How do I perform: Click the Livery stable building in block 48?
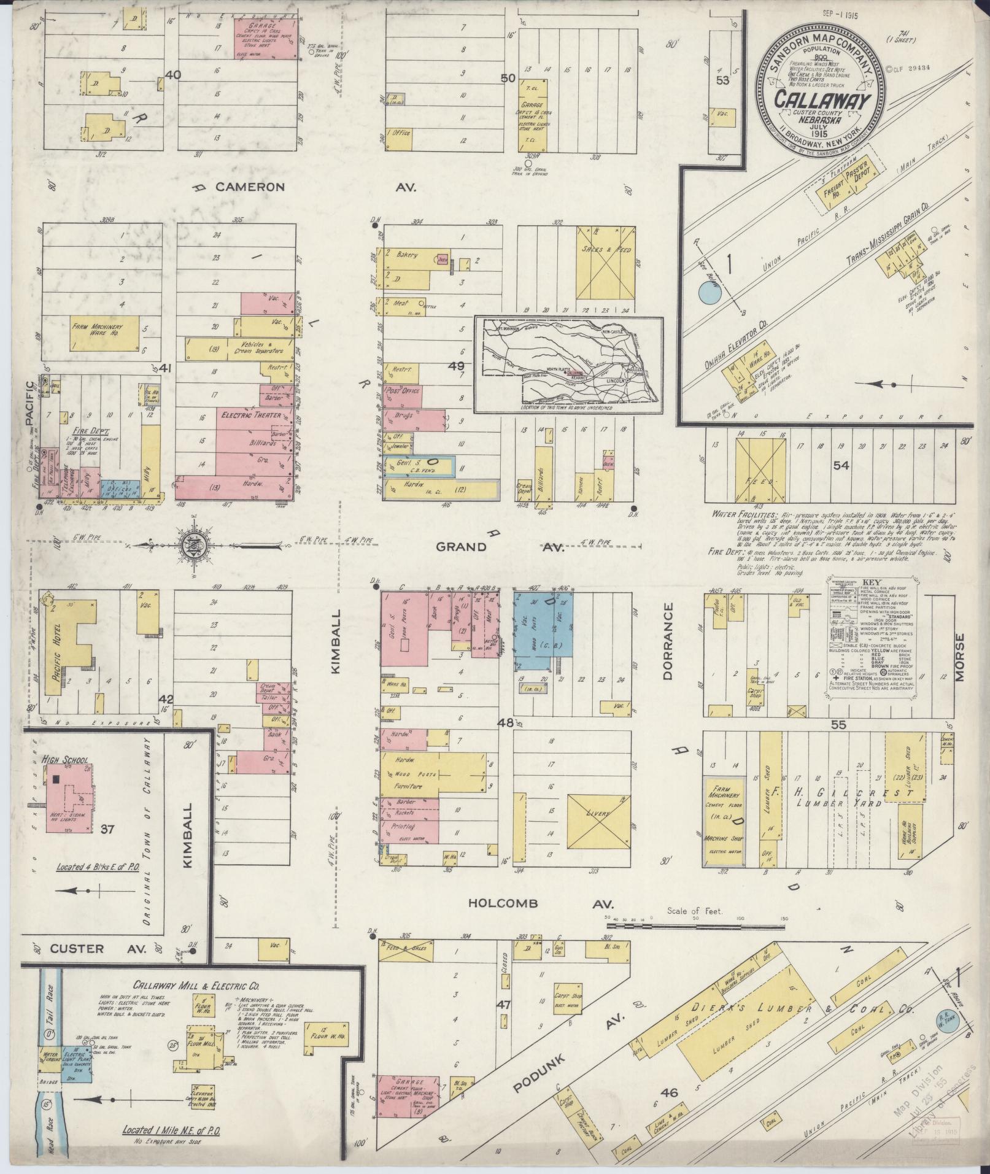598,814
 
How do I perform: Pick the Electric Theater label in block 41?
252,415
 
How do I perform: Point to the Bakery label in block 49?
407,253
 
